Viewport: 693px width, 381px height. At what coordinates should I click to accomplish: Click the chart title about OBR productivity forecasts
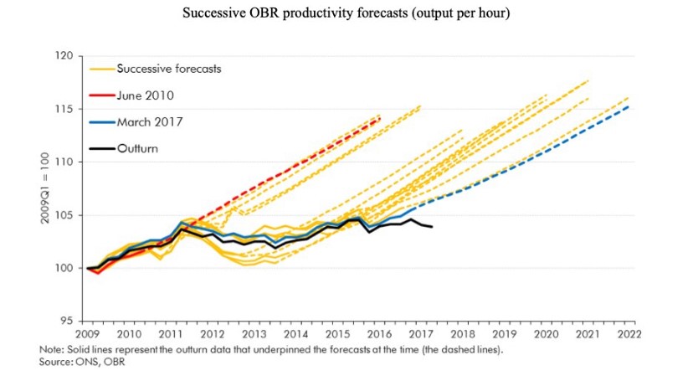click(346, 13)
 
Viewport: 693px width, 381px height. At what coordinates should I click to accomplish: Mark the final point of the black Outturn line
click(431, 227)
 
